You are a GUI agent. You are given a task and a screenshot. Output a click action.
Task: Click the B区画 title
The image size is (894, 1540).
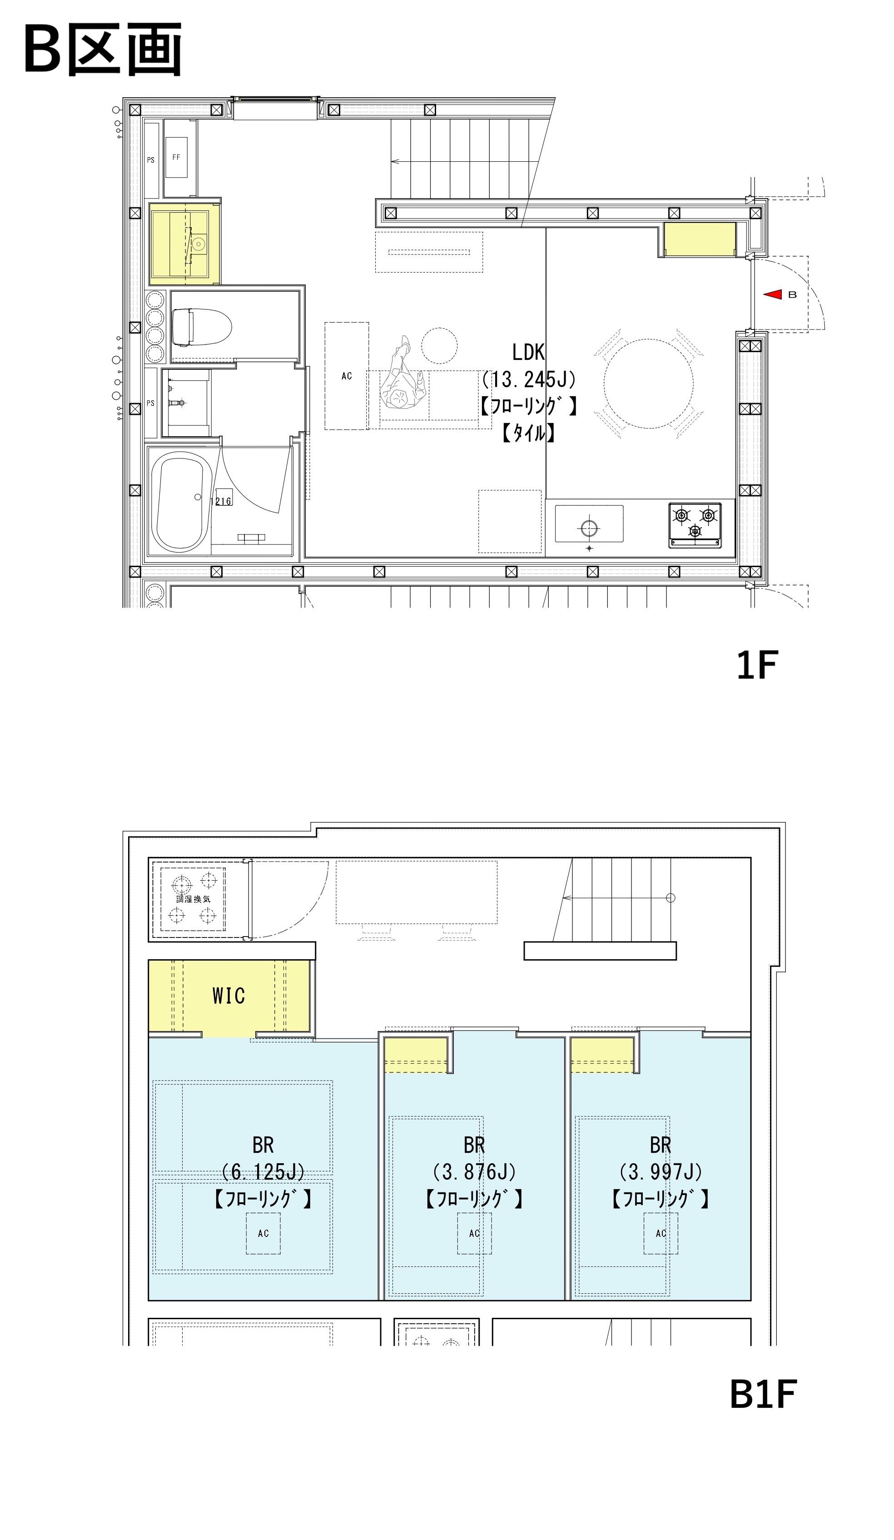[103, 49]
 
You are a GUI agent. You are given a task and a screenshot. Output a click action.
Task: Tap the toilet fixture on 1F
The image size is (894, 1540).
[202, 327]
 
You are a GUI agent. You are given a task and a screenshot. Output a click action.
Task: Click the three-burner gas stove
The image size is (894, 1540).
[695, 524]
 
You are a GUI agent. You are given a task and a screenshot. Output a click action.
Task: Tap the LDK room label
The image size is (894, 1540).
[528, 353]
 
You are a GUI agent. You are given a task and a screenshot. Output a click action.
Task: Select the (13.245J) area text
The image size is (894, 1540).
[528, 379]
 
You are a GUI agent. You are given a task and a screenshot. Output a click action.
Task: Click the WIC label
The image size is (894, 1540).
[228, 996]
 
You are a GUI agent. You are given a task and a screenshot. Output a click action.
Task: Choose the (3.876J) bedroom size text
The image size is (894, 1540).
[474, 1171]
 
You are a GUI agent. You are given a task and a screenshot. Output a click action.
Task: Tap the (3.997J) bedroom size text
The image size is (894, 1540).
[661, 1171]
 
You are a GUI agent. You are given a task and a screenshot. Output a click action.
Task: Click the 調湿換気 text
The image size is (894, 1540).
[193, 899]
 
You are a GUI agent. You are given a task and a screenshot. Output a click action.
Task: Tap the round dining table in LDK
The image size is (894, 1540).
[649, 383]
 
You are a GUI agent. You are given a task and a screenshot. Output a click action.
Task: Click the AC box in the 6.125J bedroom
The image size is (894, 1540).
[263, 1233]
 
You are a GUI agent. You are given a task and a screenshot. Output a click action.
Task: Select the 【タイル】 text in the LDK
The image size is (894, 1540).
[528, 433]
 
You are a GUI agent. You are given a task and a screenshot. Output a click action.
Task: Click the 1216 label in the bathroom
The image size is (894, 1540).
[222, 501]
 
